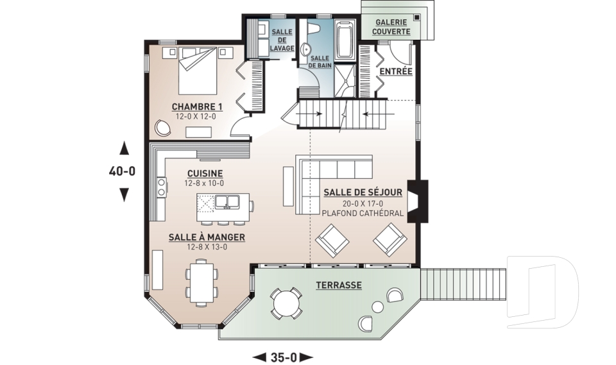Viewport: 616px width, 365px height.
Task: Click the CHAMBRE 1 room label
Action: tap(197, 106)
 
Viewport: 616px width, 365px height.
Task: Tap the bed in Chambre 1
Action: tap(198, 71)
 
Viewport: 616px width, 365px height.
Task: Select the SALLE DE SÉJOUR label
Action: tap(363, 192)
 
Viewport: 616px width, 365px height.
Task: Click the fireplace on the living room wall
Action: tap(416, 201)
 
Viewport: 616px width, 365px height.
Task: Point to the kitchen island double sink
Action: tap(227, 202)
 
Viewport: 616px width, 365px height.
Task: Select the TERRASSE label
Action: tap(339, 285)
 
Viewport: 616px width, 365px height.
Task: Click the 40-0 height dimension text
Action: tap(122, 171)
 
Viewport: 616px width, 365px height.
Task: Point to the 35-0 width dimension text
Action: tap(283, 357)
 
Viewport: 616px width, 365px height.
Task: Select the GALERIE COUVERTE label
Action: tap(391, 27)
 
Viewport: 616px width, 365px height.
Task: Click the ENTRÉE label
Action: tap(396, 71)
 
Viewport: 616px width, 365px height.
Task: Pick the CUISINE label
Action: tap(205, 173)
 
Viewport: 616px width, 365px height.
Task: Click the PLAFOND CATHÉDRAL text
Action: tap(363, 214)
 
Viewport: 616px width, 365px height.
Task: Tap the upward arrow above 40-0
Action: tap(124, 148)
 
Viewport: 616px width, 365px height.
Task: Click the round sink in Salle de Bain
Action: tap(305, 49)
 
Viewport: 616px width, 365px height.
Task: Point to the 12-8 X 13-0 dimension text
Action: tap(207, 247)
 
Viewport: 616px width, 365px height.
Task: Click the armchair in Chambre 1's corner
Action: tap(163, 127)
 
